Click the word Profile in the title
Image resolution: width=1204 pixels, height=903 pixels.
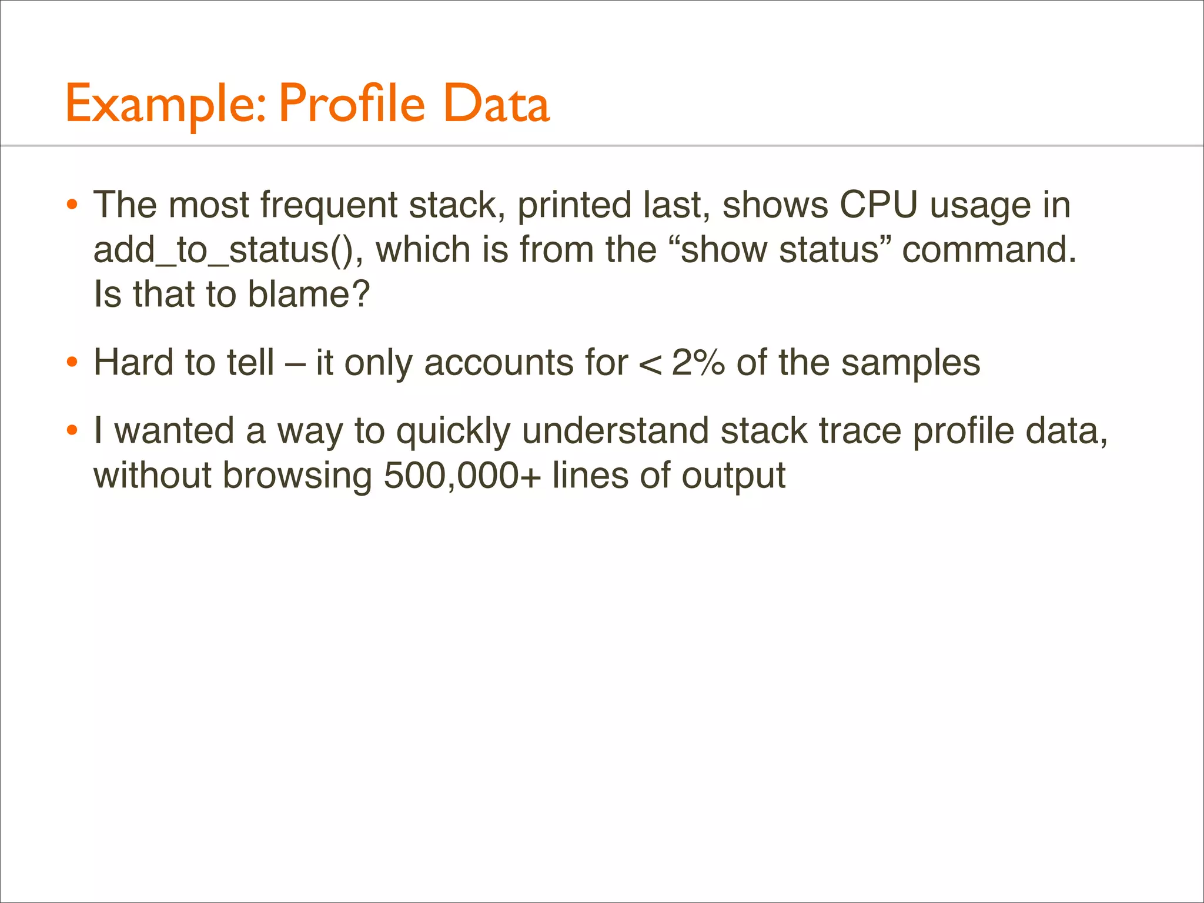click(x=351, y=103)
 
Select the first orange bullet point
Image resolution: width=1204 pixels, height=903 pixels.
click(x=72, y=206)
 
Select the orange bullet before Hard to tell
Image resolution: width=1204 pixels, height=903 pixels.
click(x=72, y=363)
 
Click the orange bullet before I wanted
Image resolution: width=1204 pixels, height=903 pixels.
click(x=72, y=431)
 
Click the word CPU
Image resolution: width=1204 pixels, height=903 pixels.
click(x=878, y=205)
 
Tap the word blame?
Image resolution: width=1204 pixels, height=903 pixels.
click(x=309, y=294)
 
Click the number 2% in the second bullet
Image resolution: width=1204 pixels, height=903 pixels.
click(x=698, y=362)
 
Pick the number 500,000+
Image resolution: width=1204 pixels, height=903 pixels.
click(x=462, y=476)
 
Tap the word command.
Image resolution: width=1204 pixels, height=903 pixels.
click(x=989, y=250)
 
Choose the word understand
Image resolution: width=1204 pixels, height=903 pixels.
click(x=615, y=431)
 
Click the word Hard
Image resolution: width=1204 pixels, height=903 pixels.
click(x=133, y=362)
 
